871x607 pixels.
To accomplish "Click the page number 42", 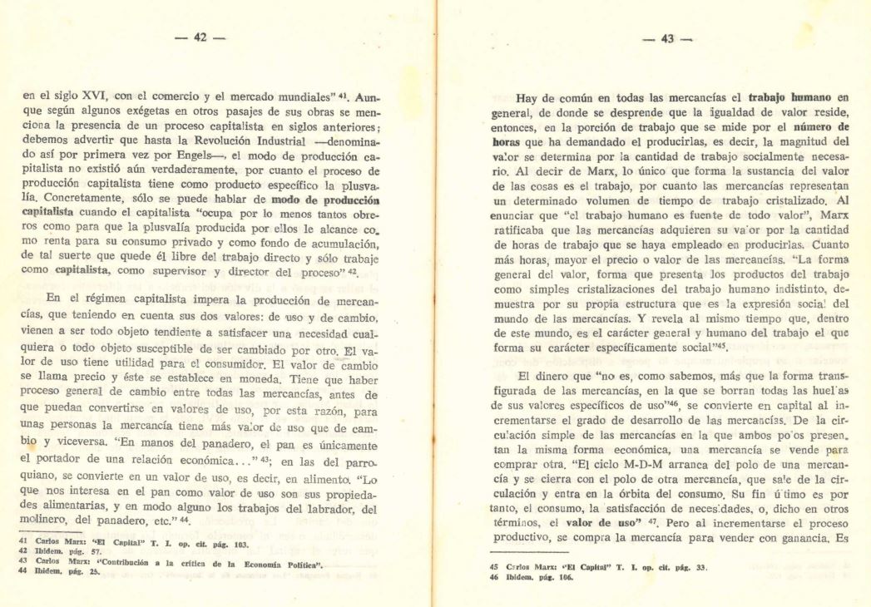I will click(200, 38).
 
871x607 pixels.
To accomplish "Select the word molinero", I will click(48, 522).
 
